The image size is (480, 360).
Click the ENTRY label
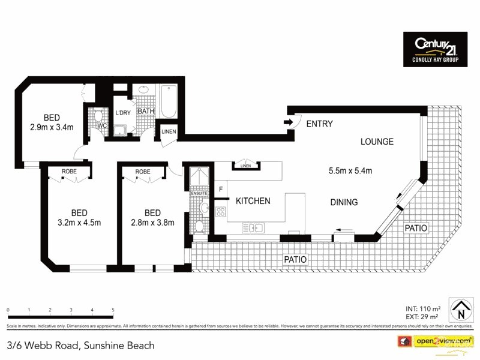(319, 124)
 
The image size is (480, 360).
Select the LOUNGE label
(377, 142)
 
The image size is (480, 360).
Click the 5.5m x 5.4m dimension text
(350, 171)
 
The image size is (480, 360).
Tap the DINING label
(344, 202)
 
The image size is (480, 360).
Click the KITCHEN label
(253, 201)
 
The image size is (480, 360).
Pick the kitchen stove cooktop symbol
(220, 211)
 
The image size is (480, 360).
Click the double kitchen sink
(254, 227)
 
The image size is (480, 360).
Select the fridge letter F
(221, 190)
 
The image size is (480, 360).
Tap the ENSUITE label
(199, 193)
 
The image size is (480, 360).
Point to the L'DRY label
(123, 113)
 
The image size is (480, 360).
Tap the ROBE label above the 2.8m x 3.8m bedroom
(143, 172)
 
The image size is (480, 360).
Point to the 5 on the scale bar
(113, 310)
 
